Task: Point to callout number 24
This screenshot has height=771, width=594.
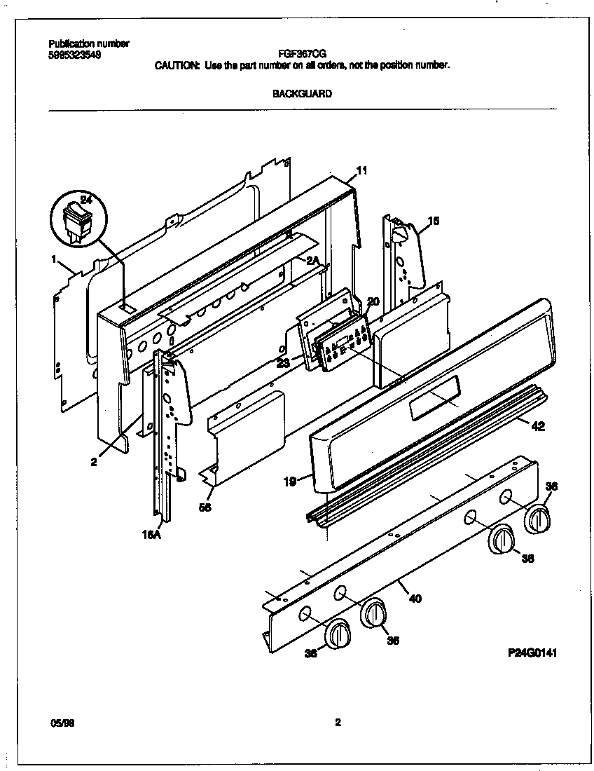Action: (85, 200)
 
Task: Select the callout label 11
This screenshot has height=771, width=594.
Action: (361, 170)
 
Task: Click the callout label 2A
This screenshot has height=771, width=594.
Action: (312, 260)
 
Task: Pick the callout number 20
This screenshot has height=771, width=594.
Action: (373, 301)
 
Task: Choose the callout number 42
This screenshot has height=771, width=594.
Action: (538, 425)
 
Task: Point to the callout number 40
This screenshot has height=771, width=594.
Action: (415, 598)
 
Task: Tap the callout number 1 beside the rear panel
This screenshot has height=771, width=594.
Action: (54, 259)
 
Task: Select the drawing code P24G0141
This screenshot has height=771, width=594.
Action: (533, 653)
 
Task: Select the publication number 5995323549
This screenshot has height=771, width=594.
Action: (74, 54)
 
